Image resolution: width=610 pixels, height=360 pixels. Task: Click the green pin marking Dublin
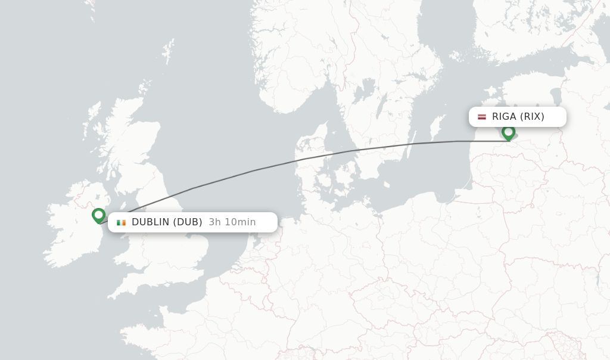(99, 215)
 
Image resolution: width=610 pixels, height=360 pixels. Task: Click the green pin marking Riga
(508, 132)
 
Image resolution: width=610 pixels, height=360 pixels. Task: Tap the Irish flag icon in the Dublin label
(122, 222)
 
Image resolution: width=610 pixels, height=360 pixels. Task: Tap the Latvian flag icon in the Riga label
(482, 117)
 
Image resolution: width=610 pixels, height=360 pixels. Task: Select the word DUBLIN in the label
(150, 222)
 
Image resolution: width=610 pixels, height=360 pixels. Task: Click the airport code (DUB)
(188, 222)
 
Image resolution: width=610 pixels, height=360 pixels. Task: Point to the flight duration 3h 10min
(232, 222)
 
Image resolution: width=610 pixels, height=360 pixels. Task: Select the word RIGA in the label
(504, 117)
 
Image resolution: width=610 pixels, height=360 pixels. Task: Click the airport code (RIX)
(532, 117)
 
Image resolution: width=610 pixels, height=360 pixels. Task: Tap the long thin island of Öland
(410, 152)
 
